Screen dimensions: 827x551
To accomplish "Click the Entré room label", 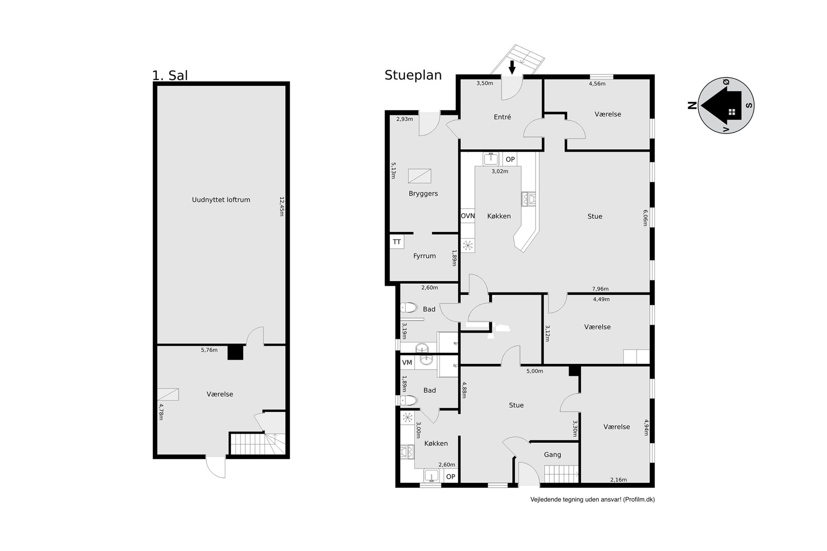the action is pos(502,117).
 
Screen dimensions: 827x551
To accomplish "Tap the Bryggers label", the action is pos(423,193).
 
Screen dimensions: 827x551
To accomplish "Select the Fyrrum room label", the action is pos(424,256).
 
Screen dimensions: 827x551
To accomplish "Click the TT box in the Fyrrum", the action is pos(397,242).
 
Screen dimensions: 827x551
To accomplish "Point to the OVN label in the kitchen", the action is pos(468,216).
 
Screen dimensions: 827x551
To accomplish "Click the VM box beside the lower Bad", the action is pos(407,363).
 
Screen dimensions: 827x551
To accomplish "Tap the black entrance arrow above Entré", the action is pos(512,67).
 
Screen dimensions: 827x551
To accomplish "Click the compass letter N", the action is pos(692,105).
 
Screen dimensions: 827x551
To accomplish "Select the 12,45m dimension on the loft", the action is pos(282,206).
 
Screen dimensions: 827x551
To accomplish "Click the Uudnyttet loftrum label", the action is pos(221,200).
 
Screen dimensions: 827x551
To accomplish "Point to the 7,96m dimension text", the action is pos(600,289).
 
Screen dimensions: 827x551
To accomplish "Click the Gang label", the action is pos(552,455).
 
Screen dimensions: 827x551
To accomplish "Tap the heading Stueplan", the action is pos(413,75).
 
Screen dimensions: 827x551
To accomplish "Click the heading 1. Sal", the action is pos(170,76).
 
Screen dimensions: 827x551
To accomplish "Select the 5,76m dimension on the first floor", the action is pos(209,350).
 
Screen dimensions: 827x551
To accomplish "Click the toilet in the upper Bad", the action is pos(409,308).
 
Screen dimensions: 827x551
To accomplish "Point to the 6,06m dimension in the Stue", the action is pos(645,217).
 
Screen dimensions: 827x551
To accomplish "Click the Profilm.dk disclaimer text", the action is pos(593,499).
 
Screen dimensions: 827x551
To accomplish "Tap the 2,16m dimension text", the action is pos(619,479).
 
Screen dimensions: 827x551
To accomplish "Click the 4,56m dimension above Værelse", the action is pos(597,83).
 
